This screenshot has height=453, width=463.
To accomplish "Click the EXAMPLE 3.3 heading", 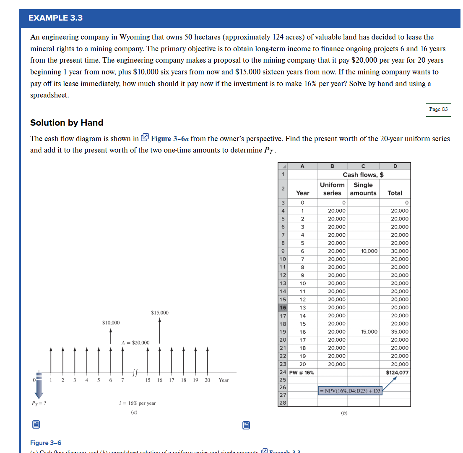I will point(56,18).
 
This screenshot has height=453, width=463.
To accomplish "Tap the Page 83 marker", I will point(438,109).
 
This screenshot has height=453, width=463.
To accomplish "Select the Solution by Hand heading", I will point(67,123).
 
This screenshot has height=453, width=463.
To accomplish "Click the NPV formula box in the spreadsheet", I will point(350,391).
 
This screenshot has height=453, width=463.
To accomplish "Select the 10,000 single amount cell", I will point(369,251).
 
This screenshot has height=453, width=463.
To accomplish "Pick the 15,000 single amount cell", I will point(369,332).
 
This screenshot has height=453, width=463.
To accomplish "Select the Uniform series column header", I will point(332,189).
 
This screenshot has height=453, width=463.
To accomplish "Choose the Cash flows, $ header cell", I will point(363,175).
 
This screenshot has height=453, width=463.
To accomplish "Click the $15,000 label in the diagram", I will point(159,313).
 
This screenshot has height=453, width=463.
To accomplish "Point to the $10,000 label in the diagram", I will point(111,323).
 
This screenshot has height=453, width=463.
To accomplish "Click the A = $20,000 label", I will point(135,342).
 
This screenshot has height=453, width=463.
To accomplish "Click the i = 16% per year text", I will point(138,403).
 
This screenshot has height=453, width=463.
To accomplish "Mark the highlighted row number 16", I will point(283,308).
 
